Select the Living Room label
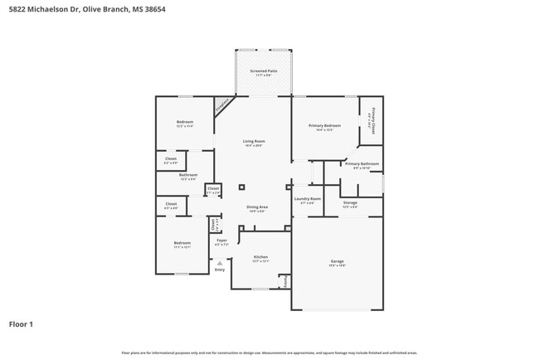[253, 141]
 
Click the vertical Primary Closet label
[374, 119]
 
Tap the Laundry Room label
[307, 199]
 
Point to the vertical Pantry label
[287, 281]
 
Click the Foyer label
[221, 241]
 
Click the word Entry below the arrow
[220, 270]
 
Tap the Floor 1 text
[21, 324]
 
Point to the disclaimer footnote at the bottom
[269, 353]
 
